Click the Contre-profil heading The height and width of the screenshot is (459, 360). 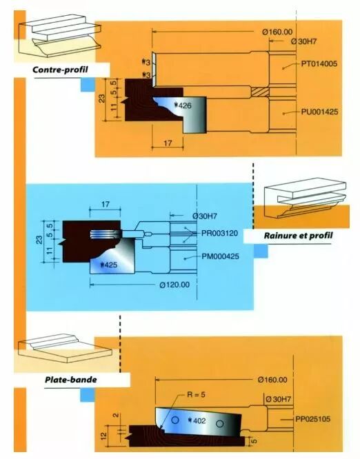tap(60, 70)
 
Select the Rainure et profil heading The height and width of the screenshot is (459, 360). tap(299, 235)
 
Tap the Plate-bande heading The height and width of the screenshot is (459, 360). tap(71, 380)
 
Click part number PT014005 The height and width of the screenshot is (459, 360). tap(319, 63)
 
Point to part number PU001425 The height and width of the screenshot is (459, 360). tap(319, 112)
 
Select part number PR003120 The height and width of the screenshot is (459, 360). tap(220, 234)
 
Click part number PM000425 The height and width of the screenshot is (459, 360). tap(220, 256)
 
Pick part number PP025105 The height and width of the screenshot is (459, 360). tap(313, 419)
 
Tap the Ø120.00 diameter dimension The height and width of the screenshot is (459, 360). tap(174, 285)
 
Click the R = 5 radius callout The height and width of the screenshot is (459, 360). tap(196, 395)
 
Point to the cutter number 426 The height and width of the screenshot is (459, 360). tap(182, 105)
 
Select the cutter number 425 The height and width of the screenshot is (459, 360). tap(108, 265)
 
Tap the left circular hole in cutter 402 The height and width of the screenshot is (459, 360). tap(175, 420)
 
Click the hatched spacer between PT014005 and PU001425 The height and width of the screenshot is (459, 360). tap(260, 92)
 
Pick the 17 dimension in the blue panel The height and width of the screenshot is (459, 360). tap(106, 204)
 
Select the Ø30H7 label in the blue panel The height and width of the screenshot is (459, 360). tap(205, 216)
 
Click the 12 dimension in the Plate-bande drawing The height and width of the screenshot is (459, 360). tap(103, 436)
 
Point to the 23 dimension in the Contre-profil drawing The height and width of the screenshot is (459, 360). tap(101, 99)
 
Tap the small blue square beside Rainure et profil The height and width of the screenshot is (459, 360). tap(261, 251)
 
